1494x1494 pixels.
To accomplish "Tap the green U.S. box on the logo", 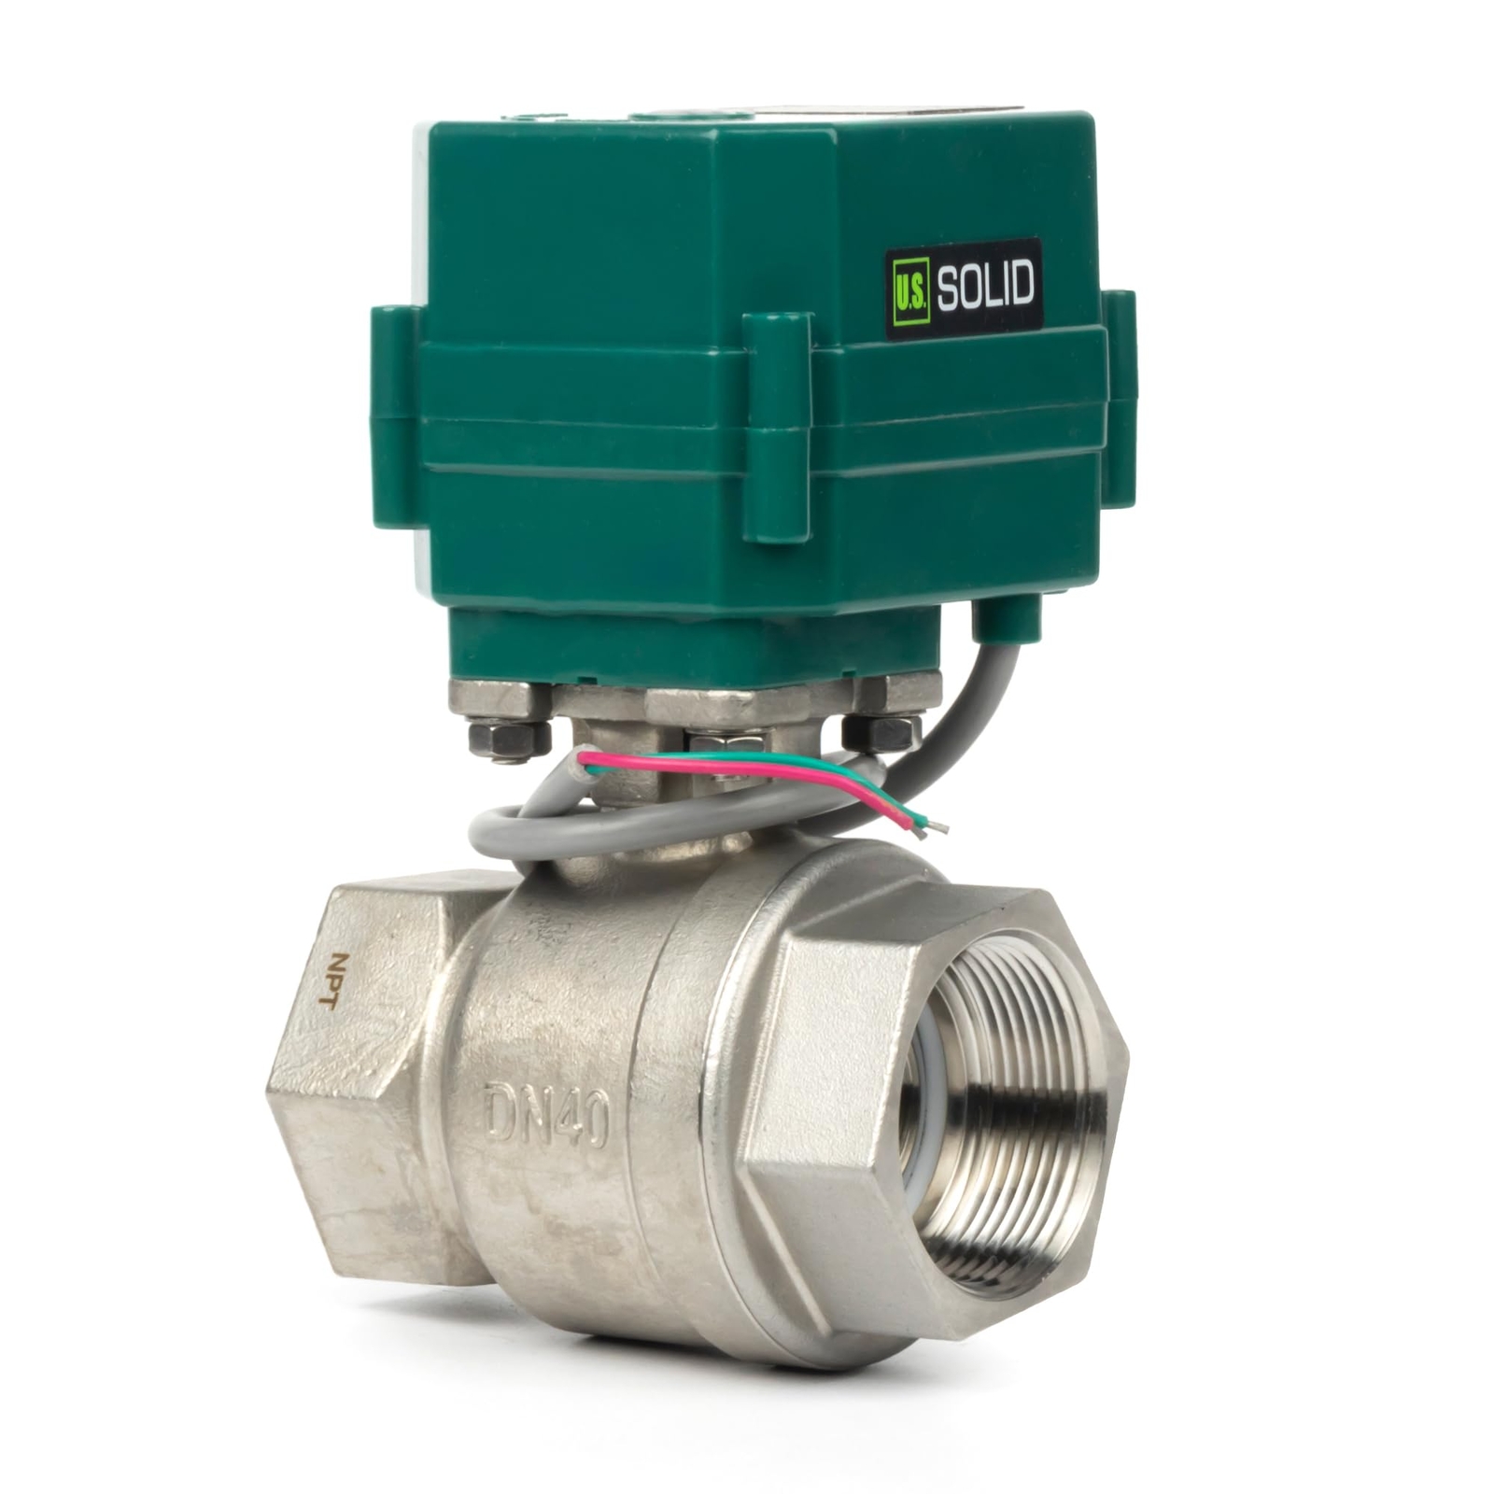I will pyautogui.click(x=910, y=291).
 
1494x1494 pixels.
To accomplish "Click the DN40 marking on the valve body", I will pyautogui.click(x=548, y=1120).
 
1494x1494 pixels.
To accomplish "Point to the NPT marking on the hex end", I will pyautogui.click(x=327, y=980).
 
